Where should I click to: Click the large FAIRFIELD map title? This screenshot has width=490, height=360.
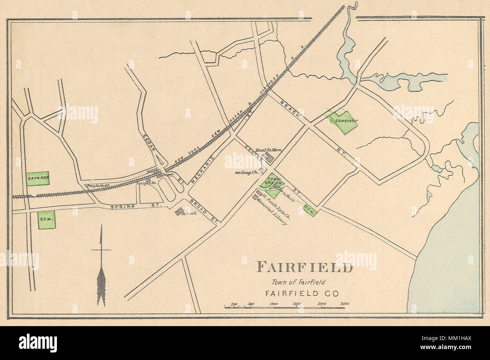click(305, 267)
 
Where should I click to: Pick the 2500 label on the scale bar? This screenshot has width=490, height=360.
click(344, 304)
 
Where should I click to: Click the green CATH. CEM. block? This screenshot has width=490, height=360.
click(38, 177)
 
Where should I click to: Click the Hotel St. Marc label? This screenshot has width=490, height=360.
click(269, 150)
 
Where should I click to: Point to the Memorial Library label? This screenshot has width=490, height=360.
click(272, 212)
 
